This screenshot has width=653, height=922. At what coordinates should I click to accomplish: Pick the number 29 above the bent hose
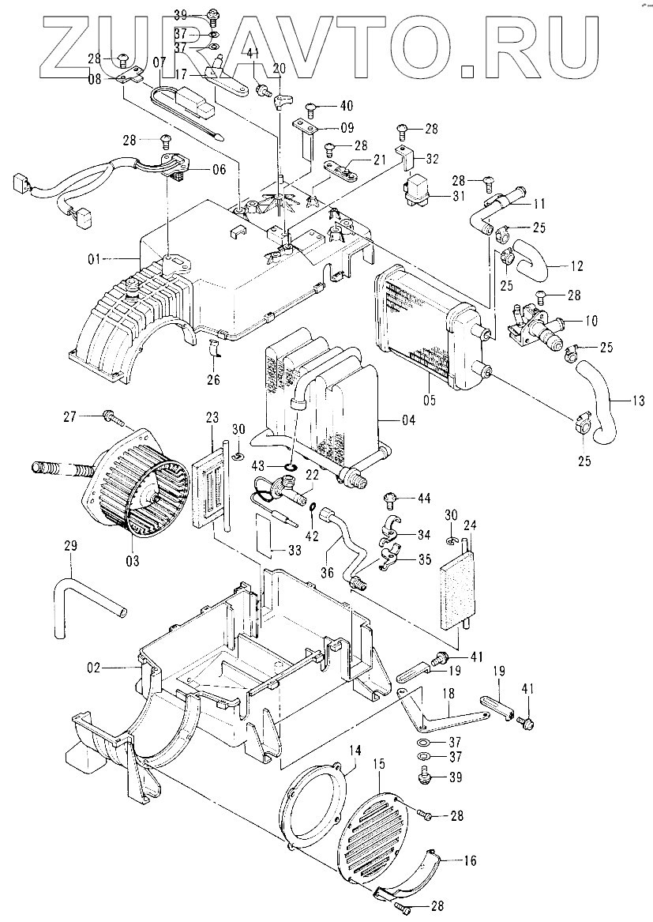click(70, 546)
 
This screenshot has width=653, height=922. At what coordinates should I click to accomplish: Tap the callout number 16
click(470, 861)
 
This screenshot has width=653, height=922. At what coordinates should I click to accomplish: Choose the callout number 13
click(637, 401)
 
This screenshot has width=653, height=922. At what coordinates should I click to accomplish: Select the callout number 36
click(327, 571)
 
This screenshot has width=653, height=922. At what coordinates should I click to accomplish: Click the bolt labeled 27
click(116, 418)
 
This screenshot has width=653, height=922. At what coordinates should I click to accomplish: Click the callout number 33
click(294, 551)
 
